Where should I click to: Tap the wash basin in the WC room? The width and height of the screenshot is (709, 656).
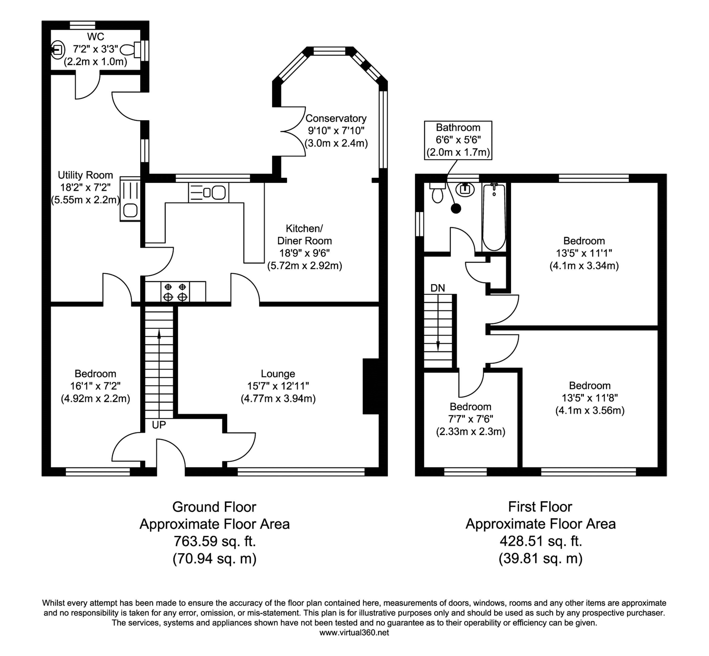point(57,50)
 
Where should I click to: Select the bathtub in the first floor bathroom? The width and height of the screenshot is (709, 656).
point(494,217)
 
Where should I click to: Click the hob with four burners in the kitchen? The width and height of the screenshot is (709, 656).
point(175,291)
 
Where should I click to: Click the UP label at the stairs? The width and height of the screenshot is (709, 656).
point(159,425)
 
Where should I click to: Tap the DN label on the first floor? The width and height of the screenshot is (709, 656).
point(438,288)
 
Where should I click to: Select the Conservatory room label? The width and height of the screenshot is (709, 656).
point(336,118)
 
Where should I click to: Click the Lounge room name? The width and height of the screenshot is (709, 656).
point(278,374)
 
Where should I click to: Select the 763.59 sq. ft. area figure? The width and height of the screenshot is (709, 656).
point(215,541)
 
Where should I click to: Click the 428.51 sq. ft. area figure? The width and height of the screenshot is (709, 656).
point(540,541)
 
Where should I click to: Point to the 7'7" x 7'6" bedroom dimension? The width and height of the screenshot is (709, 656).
point(471,419)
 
